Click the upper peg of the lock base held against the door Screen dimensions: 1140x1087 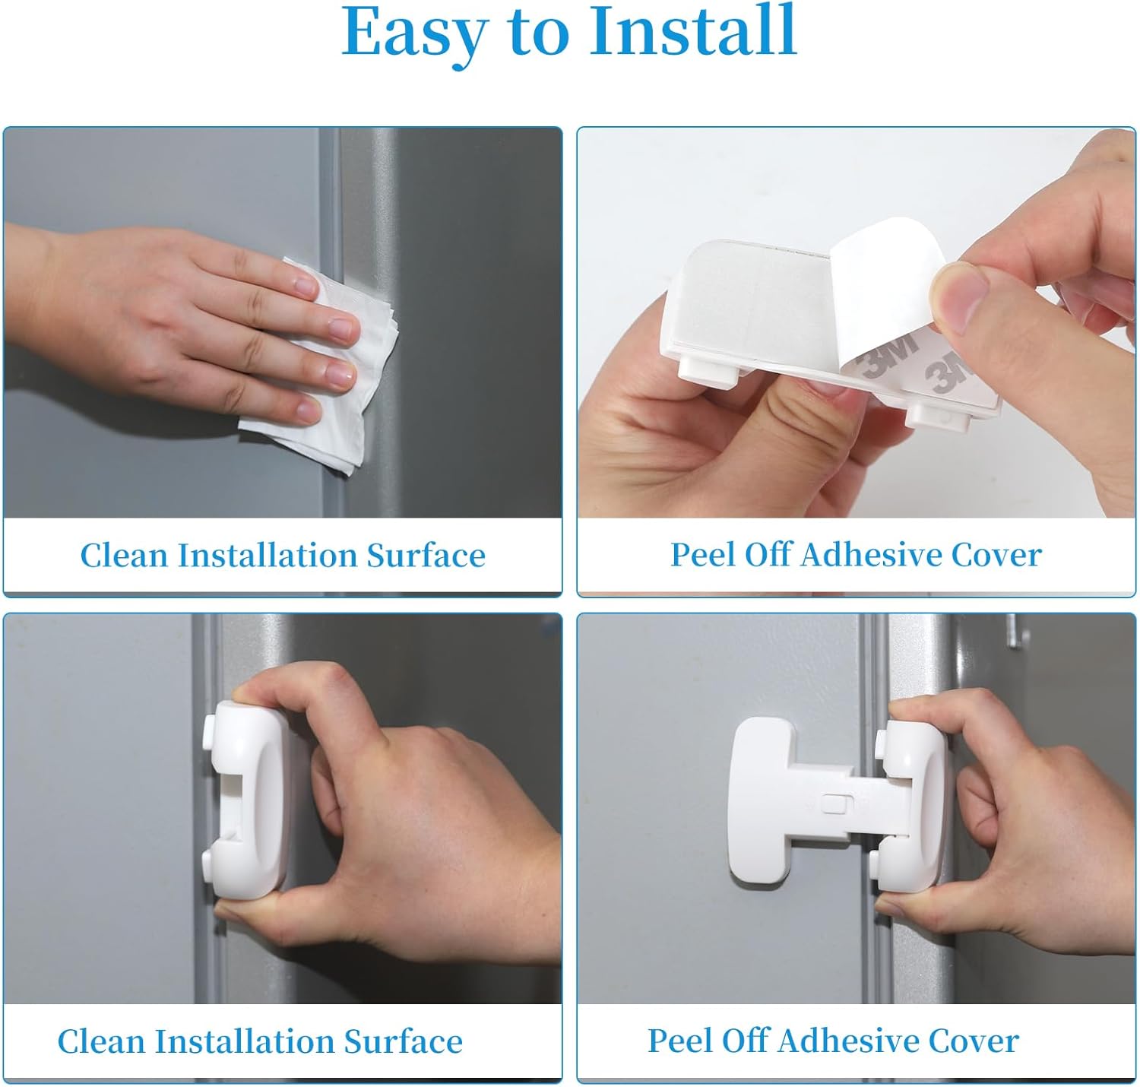click(x=211, y=730)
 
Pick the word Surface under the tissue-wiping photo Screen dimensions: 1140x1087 click(x=426, y=555)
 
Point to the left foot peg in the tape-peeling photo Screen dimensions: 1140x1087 click(x=708, y=372)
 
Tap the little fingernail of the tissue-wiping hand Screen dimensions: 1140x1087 click(x=309, y=410)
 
